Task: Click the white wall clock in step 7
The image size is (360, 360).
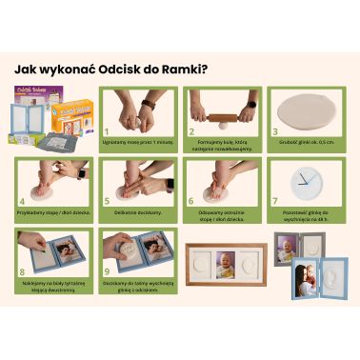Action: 306,181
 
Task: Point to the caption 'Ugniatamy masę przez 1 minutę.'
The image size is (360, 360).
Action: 139,141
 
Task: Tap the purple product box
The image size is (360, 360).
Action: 32,100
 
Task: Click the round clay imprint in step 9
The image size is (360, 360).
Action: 124,257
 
